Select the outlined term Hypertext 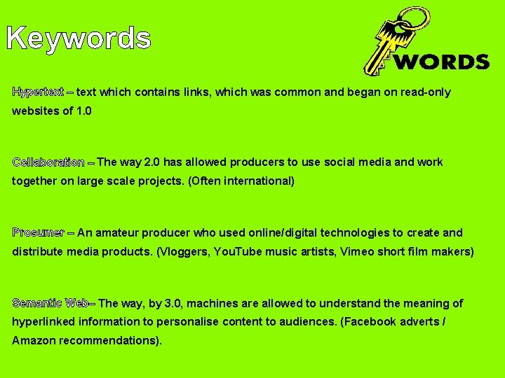pos(38,92)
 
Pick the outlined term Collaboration pos(48,162)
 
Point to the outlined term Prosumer pos(39,233)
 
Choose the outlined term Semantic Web pos(50,303)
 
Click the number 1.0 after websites pos(83,111)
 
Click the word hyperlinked pos(43,322)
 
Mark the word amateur pos(119,233)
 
